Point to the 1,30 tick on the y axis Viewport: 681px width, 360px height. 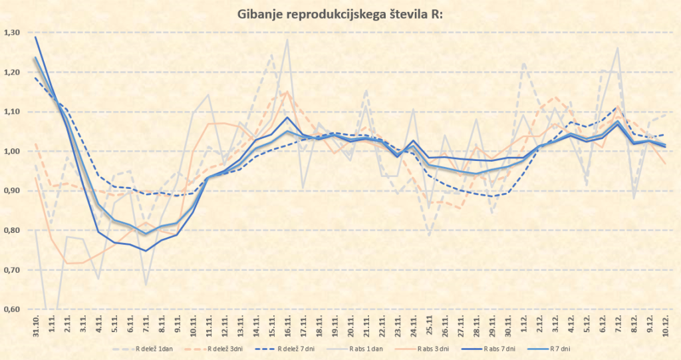tap(12, 33)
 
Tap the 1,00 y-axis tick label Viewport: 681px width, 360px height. tap(12, 151)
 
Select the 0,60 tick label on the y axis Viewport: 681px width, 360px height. tap(12, 309)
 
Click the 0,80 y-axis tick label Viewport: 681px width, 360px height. tap(12, 230)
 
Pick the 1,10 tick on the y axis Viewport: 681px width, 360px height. tap(12, 112)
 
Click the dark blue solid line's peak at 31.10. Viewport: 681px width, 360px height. tap(35, 37)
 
